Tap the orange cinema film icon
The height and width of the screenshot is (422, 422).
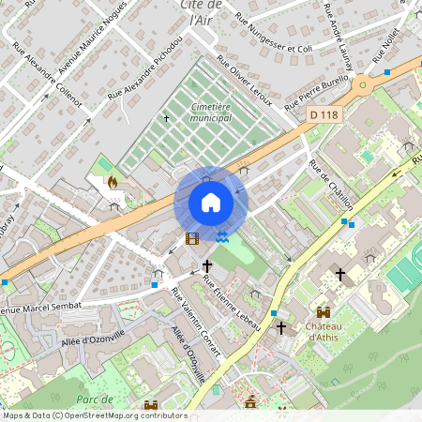click(x=192, y=239)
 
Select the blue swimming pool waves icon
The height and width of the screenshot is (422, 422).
click(x=222, y=239)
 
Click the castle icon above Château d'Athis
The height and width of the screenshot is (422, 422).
click(x=324, y=311)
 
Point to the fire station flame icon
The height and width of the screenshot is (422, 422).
click(x=113, y=182)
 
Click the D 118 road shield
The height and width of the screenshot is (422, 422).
click(x=323, y=113)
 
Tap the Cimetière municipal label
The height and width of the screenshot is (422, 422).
click(x=210, y=113)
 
